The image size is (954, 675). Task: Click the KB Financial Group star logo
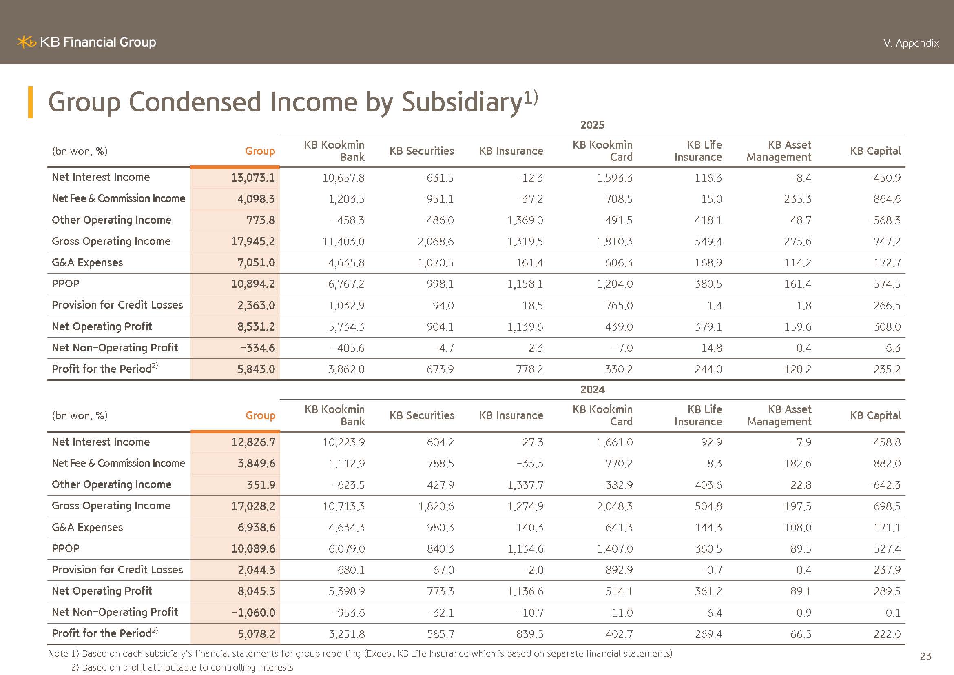[x=26, y=42]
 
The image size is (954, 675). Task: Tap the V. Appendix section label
[x=911, y=43]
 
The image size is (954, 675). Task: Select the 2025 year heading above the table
[x=592, y=125]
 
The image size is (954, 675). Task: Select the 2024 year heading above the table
[x=592, y=389]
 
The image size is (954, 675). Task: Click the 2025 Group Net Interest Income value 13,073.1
[x=252, y=178]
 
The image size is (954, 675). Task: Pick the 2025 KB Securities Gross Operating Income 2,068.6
[x=436, y=242]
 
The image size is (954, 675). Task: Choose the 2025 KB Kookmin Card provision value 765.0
[x=619, y=306]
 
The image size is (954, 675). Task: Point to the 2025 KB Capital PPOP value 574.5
[x=887, y=284]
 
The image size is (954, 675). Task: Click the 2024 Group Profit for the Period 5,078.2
[x=256, y=634]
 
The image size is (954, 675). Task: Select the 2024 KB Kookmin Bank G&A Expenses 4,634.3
[x=347, y=527]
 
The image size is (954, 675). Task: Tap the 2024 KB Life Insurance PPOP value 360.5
[x=708, y=548]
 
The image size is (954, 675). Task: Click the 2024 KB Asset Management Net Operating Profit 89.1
[x=800, y=591]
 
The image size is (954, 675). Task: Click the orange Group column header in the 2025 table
[x=260, y=151]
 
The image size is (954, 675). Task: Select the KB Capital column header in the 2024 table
[x=875, y=415]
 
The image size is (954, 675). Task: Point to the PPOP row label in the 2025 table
[x=66, y=284]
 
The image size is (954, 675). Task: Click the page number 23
[x=925, y=656]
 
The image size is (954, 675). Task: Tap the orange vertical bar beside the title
[x=30, y=102]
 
